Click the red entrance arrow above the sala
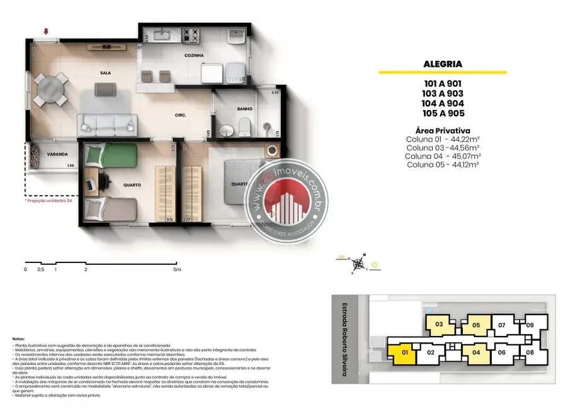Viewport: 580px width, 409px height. point(46,31)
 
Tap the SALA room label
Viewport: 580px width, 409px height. point(105,73)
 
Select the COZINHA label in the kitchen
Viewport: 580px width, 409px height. point(195,56)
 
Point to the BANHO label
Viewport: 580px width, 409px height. point(244,109)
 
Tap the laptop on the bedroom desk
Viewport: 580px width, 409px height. point(89,184)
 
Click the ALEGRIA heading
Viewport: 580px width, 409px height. point(443,64)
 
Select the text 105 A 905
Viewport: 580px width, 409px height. point(443,114)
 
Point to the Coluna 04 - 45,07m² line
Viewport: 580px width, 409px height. point(443,156)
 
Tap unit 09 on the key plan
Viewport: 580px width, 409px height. point(530,325)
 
